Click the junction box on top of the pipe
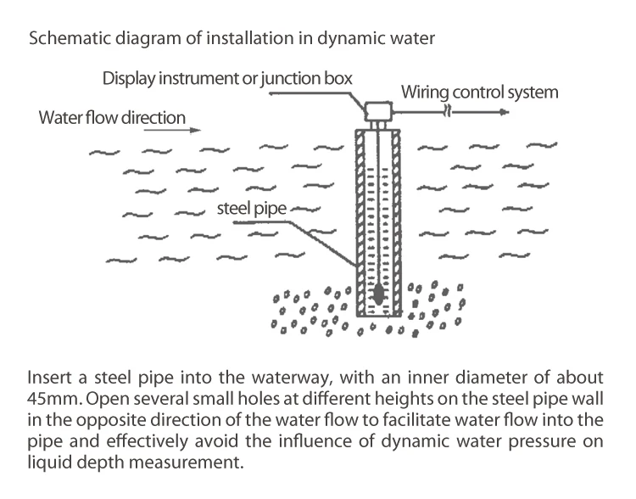click(375, 109)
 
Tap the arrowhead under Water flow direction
click(197, 130)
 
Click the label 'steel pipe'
click(253, 205)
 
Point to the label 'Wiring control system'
click(479, 92)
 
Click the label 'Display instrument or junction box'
click(227, 78)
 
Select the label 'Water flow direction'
click(112, 116)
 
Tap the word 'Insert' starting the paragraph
click(47, 375)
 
